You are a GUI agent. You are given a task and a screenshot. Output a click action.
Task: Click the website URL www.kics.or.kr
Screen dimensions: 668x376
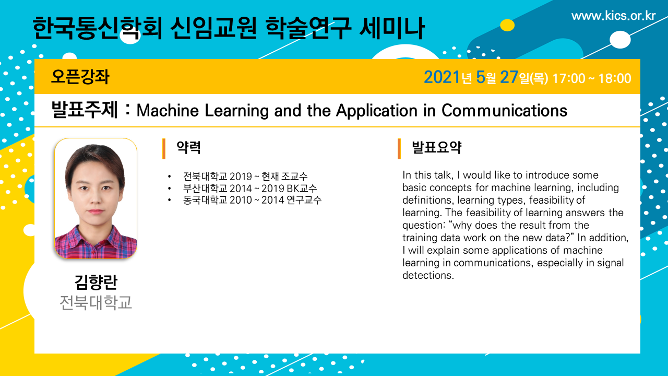tap(613, 16)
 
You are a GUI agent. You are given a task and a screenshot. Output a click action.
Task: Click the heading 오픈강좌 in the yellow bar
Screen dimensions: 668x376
tap(80, 77)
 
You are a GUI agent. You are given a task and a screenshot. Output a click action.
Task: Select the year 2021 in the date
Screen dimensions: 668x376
tap(442, 77)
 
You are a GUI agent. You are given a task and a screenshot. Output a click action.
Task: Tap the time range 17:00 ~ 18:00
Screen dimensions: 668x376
tap(592, 78)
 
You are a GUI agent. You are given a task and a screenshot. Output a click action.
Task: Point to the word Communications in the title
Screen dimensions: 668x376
tap(504, 111)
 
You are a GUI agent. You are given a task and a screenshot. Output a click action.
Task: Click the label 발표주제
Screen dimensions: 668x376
tap(85, 110)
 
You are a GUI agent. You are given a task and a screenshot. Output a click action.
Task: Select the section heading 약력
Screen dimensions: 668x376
tap(188, 147)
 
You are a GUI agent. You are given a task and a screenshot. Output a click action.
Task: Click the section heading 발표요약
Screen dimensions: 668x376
tap(437, 147)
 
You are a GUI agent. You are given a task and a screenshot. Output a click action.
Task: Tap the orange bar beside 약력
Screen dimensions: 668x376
tap(164, 149)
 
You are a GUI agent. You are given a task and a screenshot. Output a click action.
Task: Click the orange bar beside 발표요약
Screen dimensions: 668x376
tap(399, 149)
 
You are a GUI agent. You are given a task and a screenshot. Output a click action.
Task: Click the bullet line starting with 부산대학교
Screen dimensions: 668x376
tap(249, 189)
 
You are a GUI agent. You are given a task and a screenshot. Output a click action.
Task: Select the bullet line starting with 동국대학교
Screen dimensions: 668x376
tap(252, 200)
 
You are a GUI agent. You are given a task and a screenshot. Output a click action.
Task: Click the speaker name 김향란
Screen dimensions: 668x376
tap(96, 283)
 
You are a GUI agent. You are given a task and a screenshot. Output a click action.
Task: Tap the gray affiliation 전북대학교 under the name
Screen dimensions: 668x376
tap(96, 302)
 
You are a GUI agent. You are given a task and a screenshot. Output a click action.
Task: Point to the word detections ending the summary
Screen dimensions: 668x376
tap(428, 275)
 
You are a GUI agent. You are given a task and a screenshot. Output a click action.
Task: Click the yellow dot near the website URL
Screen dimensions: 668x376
tap(507, 25)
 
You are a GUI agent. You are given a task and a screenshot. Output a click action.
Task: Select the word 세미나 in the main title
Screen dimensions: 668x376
tap(391, 28)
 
